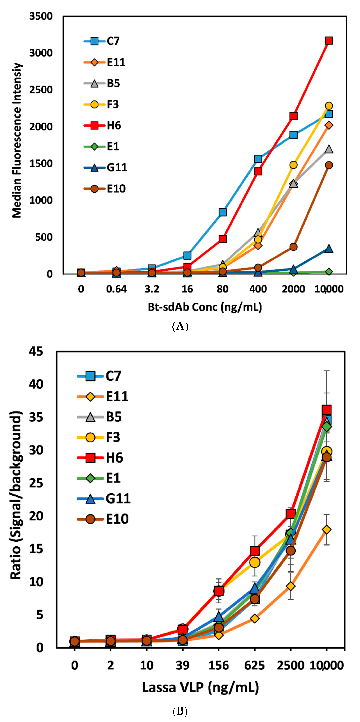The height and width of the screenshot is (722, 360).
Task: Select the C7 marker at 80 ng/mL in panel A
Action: click(x=223, y=212)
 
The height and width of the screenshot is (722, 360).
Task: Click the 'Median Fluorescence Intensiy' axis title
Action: click(x=17, y=140)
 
